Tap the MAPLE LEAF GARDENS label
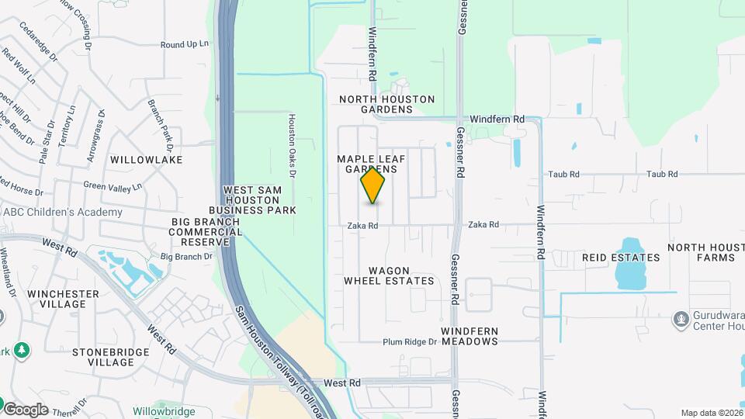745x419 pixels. (367, 164)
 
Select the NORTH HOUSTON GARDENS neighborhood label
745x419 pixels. (386, 104)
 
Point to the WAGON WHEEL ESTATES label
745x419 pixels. (389, 275)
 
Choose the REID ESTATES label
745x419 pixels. (621, 257)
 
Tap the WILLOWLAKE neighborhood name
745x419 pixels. (146, 159)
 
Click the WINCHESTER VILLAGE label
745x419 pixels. (63, 299)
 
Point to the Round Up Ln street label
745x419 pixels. (185, 45)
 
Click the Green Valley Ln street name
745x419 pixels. (113, 186)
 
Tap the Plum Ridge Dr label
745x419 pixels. (411, 342)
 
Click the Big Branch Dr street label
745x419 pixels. (186, 256)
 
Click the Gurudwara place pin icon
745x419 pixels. (681, 317)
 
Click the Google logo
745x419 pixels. (26, 409)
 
